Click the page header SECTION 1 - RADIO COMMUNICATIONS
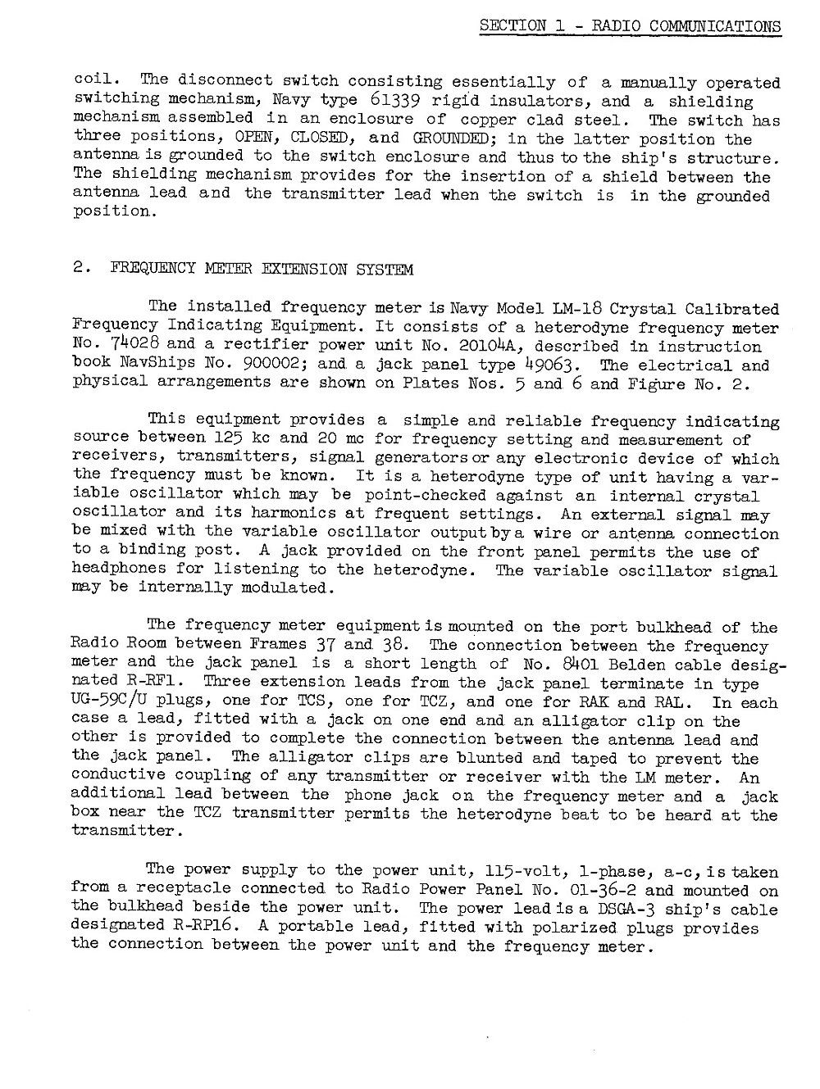[x=630, y=25]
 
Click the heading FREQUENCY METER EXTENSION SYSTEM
[x=262, y=270]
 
